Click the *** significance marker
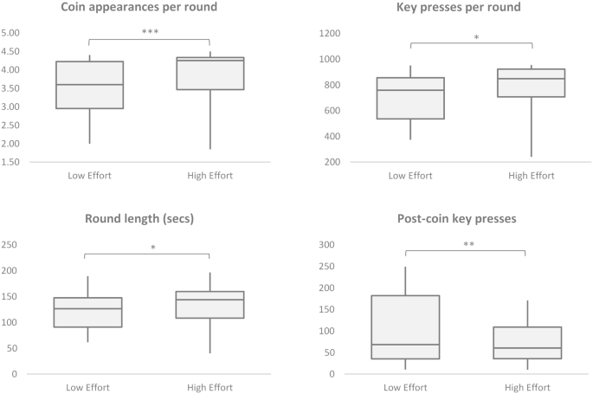[x=150, y=33]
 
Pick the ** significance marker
[x=468, y=245]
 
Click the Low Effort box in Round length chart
[x=88, y=313]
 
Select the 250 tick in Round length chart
[x=11, y=245]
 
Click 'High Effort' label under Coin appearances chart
[x=209, y=176]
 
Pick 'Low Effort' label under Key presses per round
[x=409, y=176]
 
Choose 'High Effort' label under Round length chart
[x=209, y=387]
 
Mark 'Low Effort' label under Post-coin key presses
[x=409, y=387]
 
